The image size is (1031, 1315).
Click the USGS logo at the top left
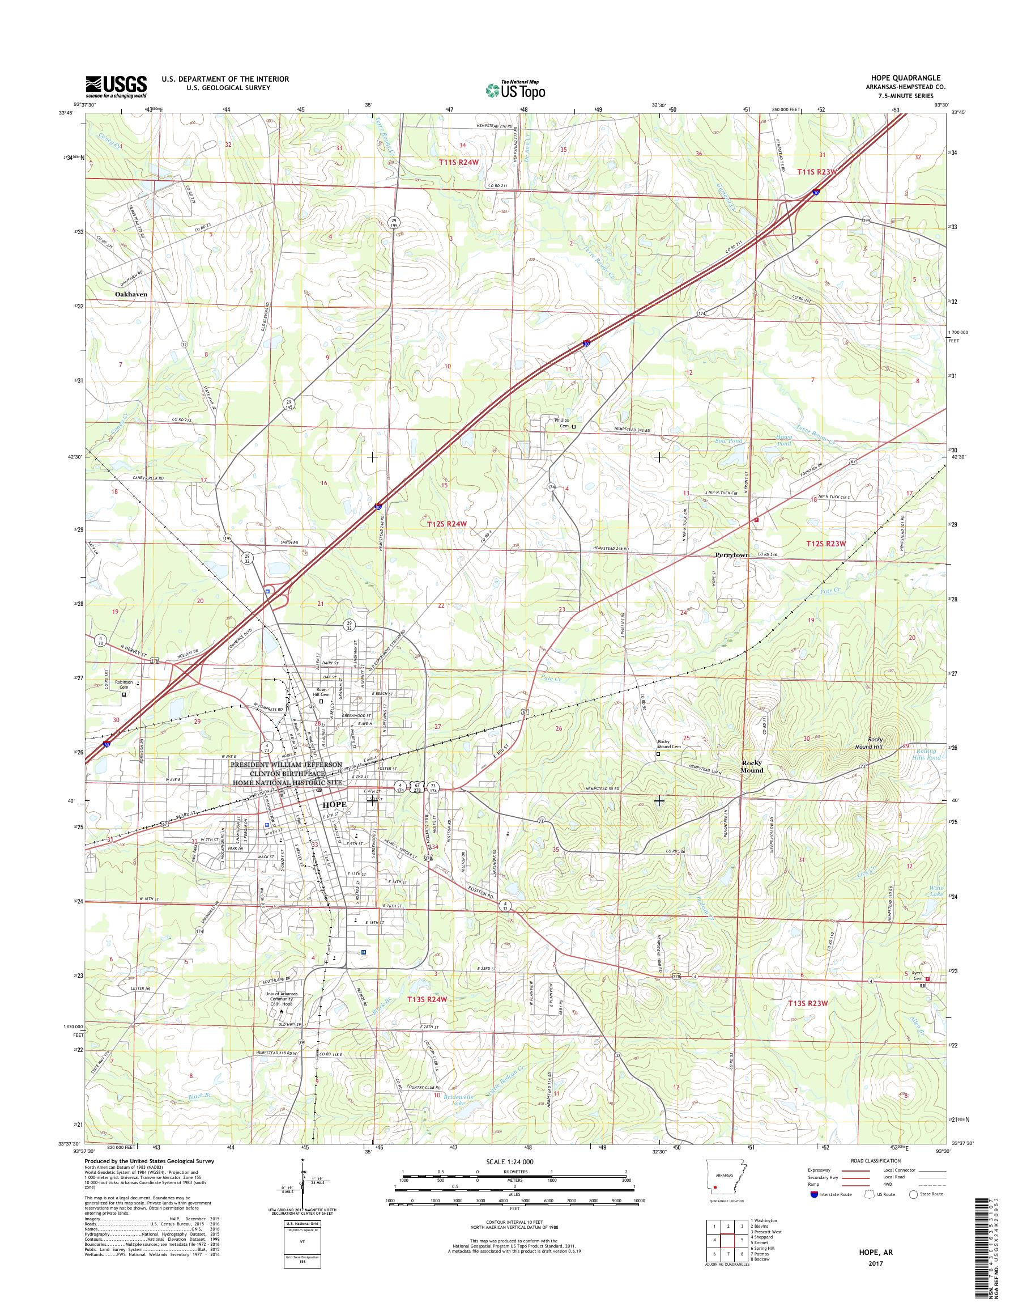click(x=116, y=86)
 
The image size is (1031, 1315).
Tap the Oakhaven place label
click(x=131, y=294)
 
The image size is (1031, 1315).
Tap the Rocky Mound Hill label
click(x=884, y=743)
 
